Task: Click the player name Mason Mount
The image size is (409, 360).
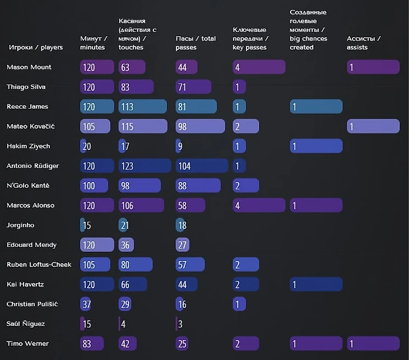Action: click(29, 67)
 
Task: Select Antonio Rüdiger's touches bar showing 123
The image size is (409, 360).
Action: click(145, 166)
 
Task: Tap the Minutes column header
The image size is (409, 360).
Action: click(92, 43)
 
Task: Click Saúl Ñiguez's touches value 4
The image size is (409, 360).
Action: click(123, 324)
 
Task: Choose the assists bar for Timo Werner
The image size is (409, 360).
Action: click(373, 344)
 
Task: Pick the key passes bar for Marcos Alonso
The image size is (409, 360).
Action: click(258, 205)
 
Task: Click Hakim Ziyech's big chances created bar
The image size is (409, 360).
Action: click(315, 146)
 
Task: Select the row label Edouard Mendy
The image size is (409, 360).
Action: click(31, 245)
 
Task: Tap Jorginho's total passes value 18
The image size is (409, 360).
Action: click(182, 225)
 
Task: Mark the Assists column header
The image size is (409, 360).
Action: click(364, 43)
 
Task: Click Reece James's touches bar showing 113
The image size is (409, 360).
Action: click(142, 107)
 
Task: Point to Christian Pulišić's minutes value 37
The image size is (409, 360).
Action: click(86, 305)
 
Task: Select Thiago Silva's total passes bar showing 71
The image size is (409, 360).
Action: click(193, 87)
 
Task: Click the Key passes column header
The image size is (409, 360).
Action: click(250, 39)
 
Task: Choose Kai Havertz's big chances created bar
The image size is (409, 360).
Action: click(315, 284)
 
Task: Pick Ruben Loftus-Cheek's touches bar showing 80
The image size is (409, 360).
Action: click(135, 265)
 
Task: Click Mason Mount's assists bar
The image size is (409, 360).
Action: click(373, 67)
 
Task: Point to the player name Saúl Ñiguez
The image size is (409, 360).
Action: click(26, 324)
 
